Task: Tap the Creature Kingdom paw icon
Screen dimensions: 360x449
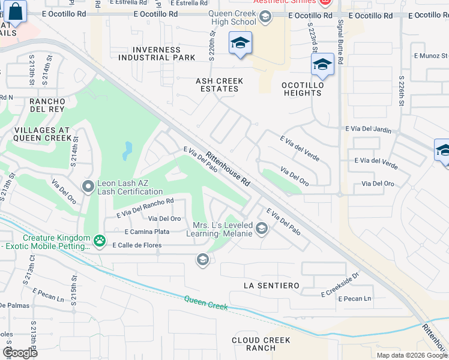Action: (x=100, y=242)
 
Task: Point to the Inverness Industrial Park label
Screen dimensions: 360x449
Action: (x=157, y=53)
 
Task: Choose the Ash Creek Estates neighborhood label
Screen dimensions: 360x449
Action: (x=219, y=85)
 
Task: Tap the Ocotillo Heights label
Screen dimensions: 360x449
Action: (x=303, y=89)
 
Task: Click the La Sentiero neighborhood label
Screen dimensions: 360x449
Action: (x=271, y=286)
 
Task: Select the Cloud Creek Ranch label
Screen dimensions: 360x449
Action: (x=261, y=344)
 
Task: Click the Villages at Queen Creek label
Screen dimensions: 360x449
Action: (x=42, y=134)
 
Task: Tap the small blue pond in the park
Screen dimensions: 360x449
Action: (x=127, y=151)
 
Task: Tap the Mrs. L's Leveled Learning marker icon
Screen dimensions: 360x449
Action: (x=261, y=228)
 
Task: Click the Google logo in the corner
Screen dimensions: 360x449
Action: (x=20, y=353)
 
